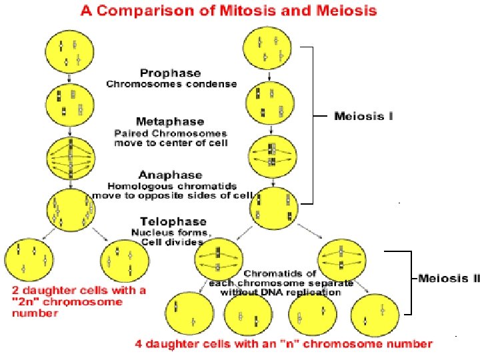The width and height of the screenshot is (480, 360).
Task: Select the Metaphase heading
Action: pos(171,122)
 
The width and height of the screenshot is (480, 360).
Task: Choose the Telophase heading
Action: pos(173,221)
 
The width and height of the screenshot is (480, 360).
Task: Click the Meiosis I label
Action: pos(363,116)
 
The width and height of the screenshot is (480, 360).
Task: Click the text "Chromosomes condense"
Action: pos(171,84)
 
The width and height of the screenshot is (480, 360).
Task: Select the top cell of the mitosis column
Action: pos(70,52)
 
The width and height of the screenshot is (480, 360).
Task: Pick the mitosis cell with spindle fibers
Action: pos(70,159)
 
